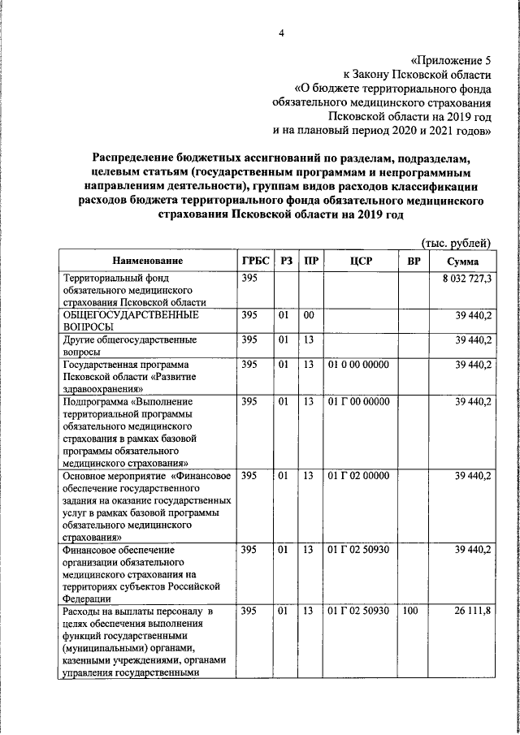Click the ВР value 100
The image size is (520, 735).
[x=409, y=610]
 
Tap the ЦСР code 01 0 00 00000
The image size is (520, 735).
[x=357, y=365]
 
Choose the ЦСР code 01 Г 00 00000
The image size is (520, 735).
[x=357, y=401]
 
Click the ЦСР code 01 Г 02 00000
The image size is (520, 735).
[x=357, y=474]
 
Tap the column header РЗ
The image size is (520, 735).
[x=285, y=261]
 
